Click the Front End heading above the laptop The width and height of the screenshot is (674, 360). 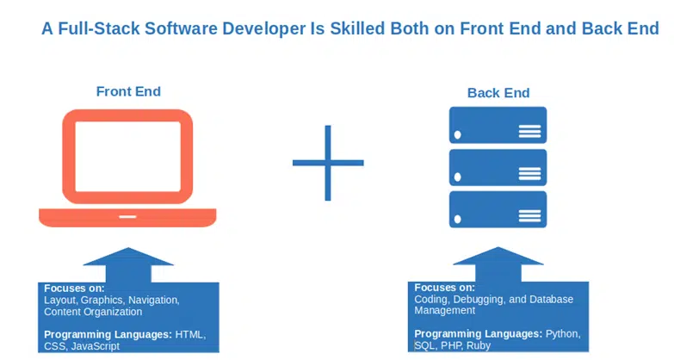pyautogui.click(x=128, y=91)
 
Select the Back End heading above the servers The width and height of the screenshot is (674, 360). pyautogui.click(x=498, y=93)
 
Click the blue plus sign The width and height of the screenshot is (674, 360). pyautogui.click(x=328, y=163)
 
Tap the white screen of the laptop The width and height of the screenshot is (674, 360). pyautogui.click(x=127, y=156)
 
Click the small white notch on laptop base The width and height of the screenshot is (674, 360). pyautogui.click(x=127, y=216)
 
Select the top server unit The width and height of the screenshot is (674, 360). pyautogui.click(x=498, y=125)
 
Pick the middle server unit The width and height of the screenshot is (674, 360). pyautogui.click(x=498, y=167)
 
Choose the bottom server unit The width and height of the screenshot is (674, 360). pyautogui.click(x=498, y=209)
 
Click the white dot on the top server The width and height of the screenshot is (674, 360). pyautogui.click(x=458, y=134)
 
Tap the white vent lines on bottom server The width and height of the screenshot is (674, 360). pyautogui.click(x=529, y=215)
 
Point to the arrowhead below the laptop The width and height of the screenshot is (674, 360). pyautogui.click(x=128, y=257)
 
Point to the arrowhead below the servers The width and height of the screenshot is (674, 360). pyautogui.click(x=498, y=256)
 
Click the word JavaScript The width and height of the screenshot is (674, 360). pyautogui.click(x=96, y=346)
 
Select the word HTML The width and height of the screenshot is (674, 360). pyautogui.click(x=190, y=335)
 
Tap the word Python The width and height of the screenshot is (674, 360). pyautogui.click(x=563, y=334)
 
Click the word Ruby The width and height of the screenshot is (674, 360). pyautogui.click(x=479, y=345)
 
